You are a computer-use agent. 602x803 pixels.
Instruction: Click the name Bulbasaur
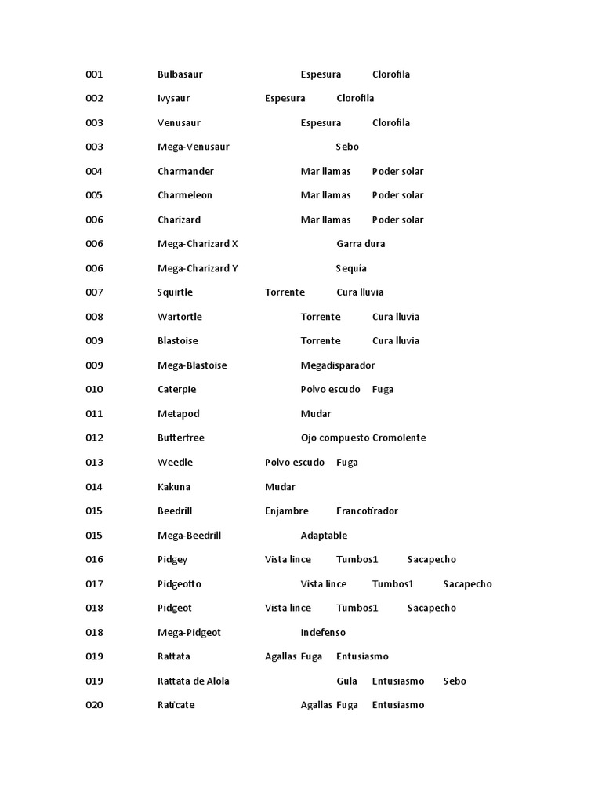click(x=180, y=74)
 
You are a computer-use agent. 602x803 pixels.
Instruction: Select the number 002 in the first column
click(x=94, y=99)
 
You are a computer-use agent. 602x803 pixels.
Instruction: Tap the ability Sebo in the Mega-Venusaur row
click(x=347, y=147)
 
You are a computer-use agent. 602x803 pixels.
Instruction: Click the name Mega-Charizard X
click(x=198, y=244)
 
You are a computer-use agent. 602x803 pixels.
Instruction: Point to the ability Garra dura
click(x=361, y=244)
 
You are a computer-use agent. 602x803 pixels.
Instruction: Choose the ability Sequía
click(x=351, y=268)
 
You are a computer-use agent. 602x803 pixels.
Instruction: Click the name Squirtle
click(x=175, y=292)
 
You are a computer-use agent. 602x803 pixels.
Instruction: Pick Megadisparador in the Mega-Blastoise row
click(x=338, y=365)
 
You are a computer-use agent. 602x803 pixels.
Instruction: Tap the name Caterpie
click(x=176, y=390)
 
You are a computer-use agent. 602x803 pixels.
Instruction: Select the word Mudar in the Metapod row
click(x=316, y=414)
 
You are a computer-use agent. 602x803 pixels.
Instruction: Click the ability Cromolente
click(x=399, y=438)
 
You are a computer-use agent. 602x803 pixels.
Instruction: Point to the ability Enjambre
click(x=287, y=511)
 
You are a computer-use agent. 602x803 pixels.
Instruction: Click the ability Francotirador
click(x=367, y=511)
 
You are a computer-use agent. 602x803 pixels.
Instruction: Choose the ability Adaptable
click(x=324, y=536)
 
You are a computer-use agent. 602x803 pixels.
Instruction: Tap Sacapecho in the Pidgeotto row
click(x=467, y=584)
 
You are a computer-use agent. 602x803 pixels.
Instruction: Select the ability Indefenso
click(x=323, y=633)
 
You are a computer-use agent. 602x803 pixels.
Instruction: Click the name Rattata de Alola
click(x=194, y=681)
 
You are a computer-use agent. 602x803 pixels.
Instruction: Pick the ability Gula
click(x=346, y=681)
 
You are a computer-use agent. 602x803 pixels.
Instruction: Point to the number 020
click(x=94, y=705)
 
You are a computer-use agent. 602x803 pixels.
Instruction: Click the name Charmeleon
click(x=185, y=195)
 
